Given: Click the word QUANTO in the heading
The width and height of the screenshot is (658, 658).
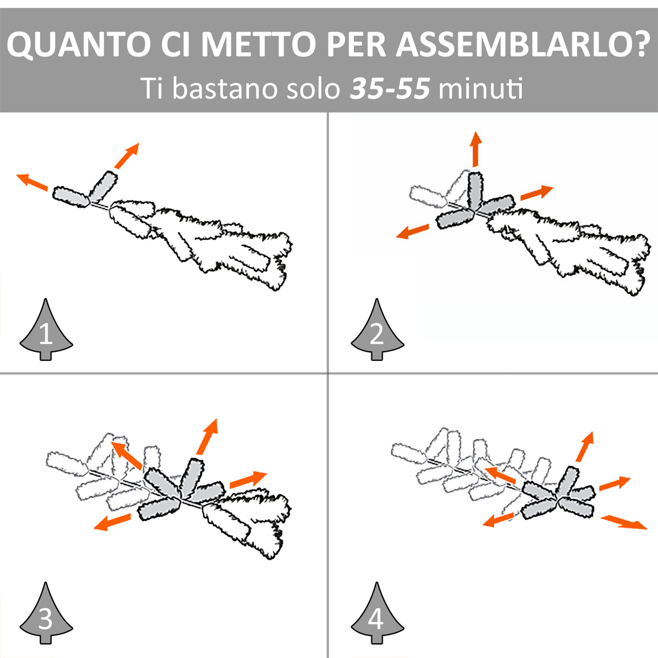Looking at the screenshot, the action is click(x=79, y=44).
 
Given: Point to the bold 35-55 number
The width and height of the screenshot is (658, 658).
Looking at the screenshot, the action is click(x=390, y=88).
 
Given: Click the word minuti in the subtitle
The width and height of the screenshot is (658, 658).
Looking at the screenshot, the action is click(x=480, y=88).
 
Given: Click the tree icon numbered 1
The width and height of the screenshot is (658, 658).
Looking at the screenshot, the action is click(x=46, y=329).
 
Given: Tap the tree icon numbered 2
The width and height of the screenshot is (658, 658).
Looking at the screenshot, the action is click(x=377, y=329).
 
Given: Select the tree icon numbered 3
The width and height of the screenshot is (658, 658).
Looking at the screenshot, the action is click(x=46, y=613).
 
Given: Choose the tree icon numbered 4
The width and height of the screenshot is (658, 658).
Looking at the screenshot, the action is click(x=377, y=613).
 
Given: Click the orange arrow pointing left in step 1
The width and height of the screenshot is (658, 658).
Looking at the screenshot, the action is click(x=32, y=182).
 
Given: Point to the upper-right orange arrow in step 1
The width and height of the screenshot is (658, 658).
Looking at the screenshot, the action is click(x=127, y=156).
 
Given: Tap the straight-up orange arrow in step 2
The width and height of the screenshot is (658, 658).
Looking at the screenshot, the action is click(x=475, y=149).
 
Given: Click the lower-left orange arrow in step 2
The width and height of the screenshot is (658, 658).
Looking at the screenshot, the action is click(x=412, y=231).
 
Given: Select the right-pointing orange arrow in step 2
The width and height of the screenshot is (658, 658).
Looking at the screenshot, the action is click(x=537, y=192).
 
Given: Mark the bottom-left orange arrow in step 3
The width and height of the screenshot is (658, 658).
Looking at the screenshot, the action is click(x=112, y=522).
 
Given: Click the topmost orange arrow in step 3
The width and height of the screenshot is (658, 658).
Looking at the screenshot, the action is click(x=207, y=437).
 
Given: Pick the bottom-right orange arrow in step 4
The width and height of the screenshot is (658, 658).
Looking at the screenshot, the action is click(x=624, y=522).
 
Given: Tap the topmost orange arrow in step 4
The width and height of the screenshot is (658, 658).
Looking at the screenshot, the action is click(x=585, y=447).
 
